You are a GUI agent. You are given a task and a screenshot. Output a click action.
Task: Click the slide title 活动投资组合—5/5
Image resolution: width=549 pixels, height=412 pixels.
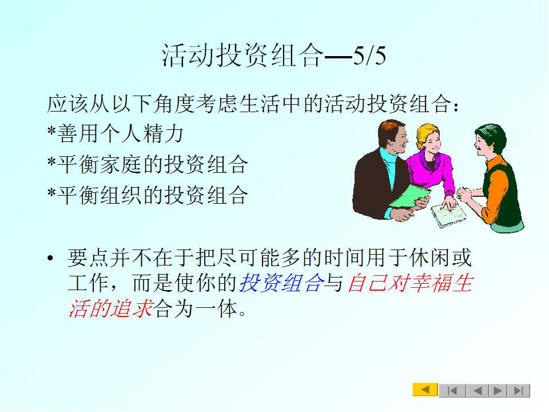click(274, 56)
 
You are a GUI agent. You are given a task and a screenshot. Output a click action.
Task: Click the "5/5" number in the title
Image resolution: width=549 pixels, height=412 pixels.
click(369, 56)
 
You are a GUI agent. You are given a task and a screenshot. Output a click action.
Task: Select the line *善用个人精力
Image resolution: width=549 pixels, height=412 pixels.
click(115, 133)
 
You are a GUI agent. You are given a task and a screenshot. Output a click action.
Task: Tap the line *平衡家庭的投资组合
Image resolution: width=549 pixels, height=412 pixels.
click(148, 164)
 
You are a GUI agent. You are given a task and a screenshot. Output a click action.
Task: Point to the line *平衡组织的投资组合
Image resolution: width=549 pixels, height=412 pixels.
click(148, 195)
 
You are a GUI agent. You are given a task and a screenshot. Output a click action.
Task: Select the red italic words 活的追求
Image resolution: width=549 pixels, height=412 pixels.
click(110, 308)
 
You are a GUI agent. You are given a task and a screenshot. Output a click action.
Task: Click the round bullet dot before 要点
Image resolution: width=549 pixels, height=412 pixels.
click(50, 259)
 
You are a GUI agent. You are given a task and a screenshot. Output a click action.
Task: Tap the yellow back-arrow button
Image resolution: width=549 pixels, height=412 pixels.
click(425, 390)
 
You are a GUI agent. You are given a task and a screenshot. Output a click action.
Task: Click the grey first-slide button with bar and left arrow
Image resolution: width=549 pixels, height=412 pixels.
click(452, 390)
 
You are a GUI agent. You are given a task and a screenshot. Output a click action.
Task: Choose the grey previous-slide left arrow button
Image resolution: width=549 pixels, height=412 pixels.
click(476, 390)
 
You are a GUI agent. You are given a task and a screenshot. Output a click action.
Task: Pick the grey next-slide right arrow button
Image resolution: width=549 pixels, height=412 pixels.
click(498, 390)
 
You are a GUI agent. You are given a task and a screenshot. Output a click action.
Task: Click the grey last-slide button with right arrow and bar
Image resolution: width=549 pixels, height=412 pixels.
click(519, 390)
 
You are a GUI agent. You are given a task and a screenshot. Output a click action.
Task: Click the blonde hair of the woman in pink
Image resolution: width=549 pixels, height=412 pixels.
click(425, 132)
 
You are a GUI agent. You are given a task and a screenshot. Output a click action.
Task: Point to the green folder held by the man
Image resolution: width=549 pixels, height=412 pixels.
click(410, 196)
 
